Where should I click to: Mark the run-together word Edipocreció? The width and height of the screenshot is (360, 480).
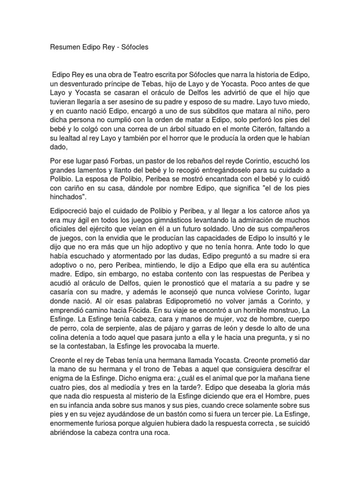(70, 212)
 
